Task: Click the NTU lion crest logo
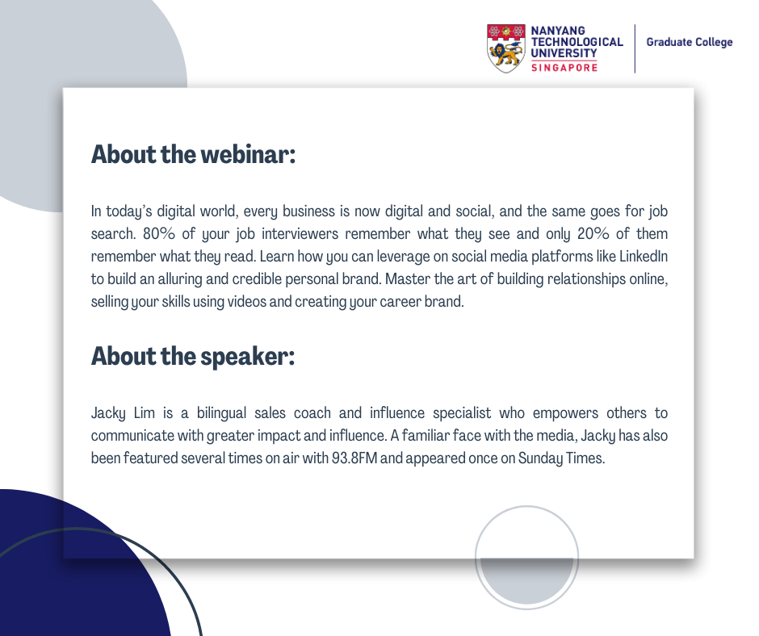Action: click(505, 48)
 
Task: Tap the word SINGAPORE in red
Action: click(564, 68)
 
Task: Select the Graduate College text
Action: click(690, 42)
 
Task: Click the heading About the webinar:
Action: click(193, 154)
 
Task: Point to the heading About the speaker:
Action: click(193, 356)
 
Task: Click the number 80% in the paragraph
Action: click(159, 233)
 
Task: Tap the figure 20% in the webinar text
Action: click(593, 233)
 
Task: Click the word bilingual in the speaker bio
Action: click(221, 413)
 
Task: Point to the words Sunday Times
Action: click(561, 458)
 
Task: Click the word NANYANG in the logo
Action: click(558, 31)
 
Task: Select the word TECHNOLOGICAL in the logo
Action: click(577, 42)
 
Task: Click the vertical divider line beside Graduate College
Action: click(635, 48)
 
